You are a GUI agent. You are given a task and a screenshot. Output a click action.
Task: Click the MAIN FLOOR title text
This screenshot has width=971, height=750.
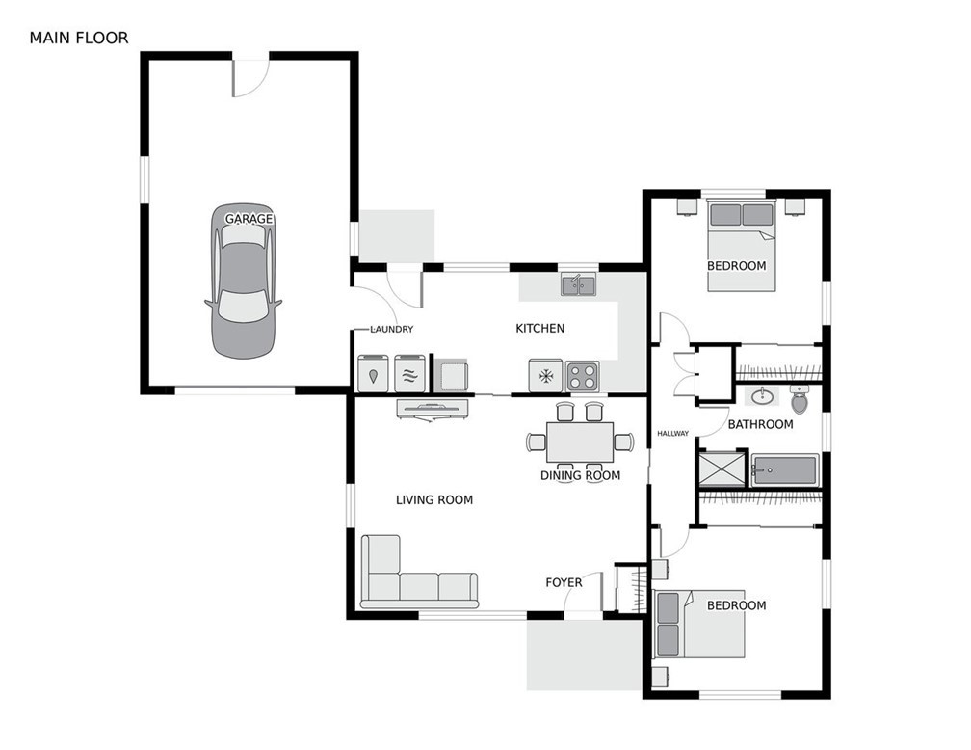(x=78, y=39)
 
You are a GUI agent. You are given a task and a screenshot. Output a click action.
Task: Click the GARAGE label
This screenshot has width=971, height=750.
(x=249, y=219)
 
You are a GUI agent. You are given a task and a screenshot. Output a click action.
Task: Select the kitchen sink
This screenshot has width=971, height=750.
(x=579, y=284)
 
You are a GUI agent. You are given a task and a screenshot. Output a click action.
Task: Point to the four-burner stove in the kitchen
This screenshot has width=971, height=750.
(x=582, y=374)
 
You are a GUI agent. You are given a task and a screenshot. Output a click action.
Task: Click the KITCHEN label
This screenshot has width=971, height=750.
(x=539, y=329)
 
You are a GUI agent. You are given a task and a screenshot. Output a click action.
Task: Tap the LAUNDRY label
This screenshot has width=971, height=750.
(x=392, y=330)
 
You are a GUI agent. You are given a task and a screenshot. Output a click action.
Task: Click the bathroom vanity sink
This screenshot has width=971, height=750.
(x=762, y=395)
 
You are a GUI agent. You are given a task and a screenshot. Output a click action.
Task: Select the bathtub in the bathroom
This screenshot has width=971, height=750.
(x=785, y=470)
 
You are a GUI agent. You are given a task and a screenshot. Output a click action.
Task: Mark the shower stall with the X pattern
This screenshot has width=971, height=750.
(x=722, y=469)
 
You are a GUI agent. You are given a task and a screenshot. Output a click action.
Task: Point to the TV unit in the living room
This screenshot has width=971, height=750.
(x=433, y=408)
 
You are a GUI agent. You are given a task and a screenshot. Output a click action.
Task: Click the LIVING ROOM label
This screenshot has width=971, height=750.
(x=434, y=499)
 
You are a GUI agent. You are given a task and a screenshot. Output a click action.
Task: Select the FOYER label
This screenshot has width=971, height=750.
(x=564, y=582)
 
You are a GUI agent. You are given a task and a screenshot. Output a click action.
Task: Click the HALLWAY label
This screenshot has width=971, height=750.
(x=673, y=433)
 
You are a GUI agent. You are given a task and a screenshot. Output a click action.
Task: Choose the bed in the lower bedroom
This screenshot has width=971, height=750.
(x=700, y=623)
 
